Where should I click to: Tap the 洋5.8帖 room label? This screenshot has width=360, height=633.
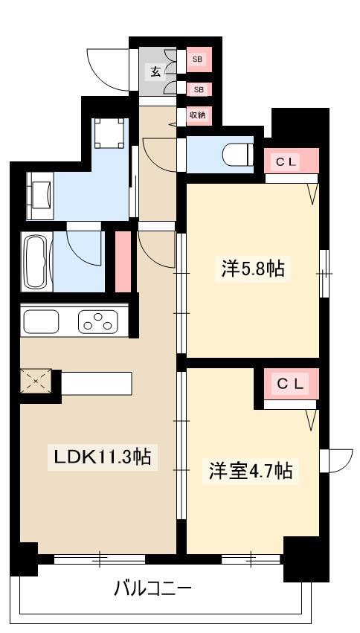tap(252, 269)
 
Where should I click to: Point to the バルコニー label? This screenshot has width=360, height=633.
tap(152, 590)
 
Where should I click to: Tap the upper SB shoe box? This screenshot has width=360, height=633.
tap(198, 59)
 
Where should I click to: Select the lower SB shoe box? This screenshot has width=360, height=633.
tap(198, 89)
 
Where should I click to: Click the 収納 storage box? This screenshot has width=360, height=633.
tap(198, 115)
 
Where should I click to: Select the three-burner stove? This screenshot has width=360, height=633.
tap(97, 322)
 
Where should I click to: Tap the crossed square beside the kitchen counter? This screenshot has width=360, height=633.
tap(35, 382)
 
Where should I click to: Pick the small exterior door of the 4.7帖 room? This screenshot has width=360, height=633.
tap(338, 460)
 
